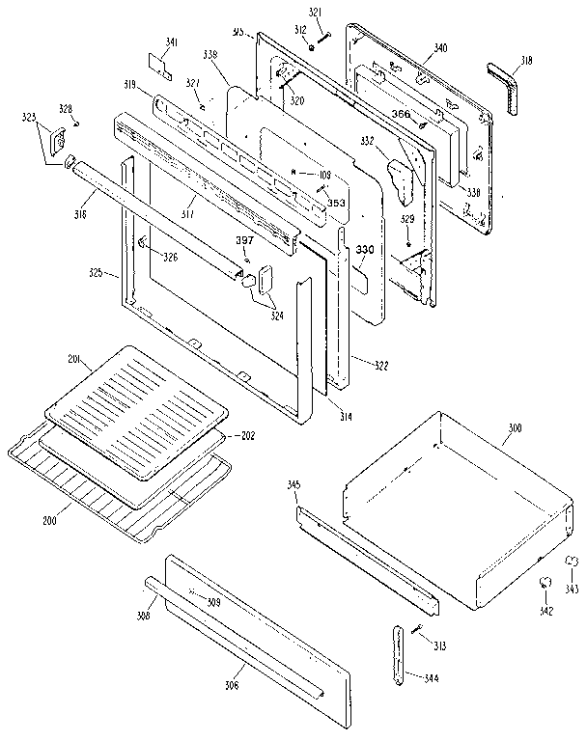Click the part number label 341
point(172,41)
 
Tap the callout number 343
point(572,589)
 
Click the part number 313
point(440,646)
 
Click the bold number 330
point(363,250)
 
